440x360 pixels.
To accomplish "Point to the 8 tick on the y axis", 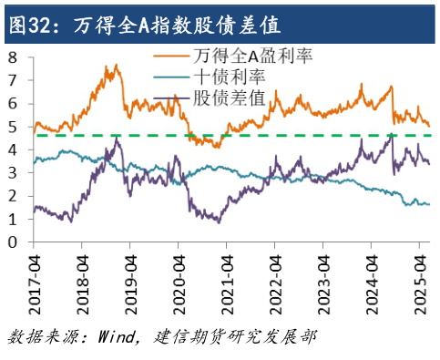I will pos(13,57).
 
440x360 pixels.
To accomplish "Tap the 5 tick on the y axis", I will pos(13,127).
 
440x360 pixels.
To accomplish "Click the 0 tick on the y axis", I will pos(13,243).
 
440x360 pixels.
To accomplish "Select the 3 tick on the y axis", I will pos(13,173).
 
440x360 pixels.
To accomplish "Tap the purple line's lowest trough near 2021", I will pos(219,222).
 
